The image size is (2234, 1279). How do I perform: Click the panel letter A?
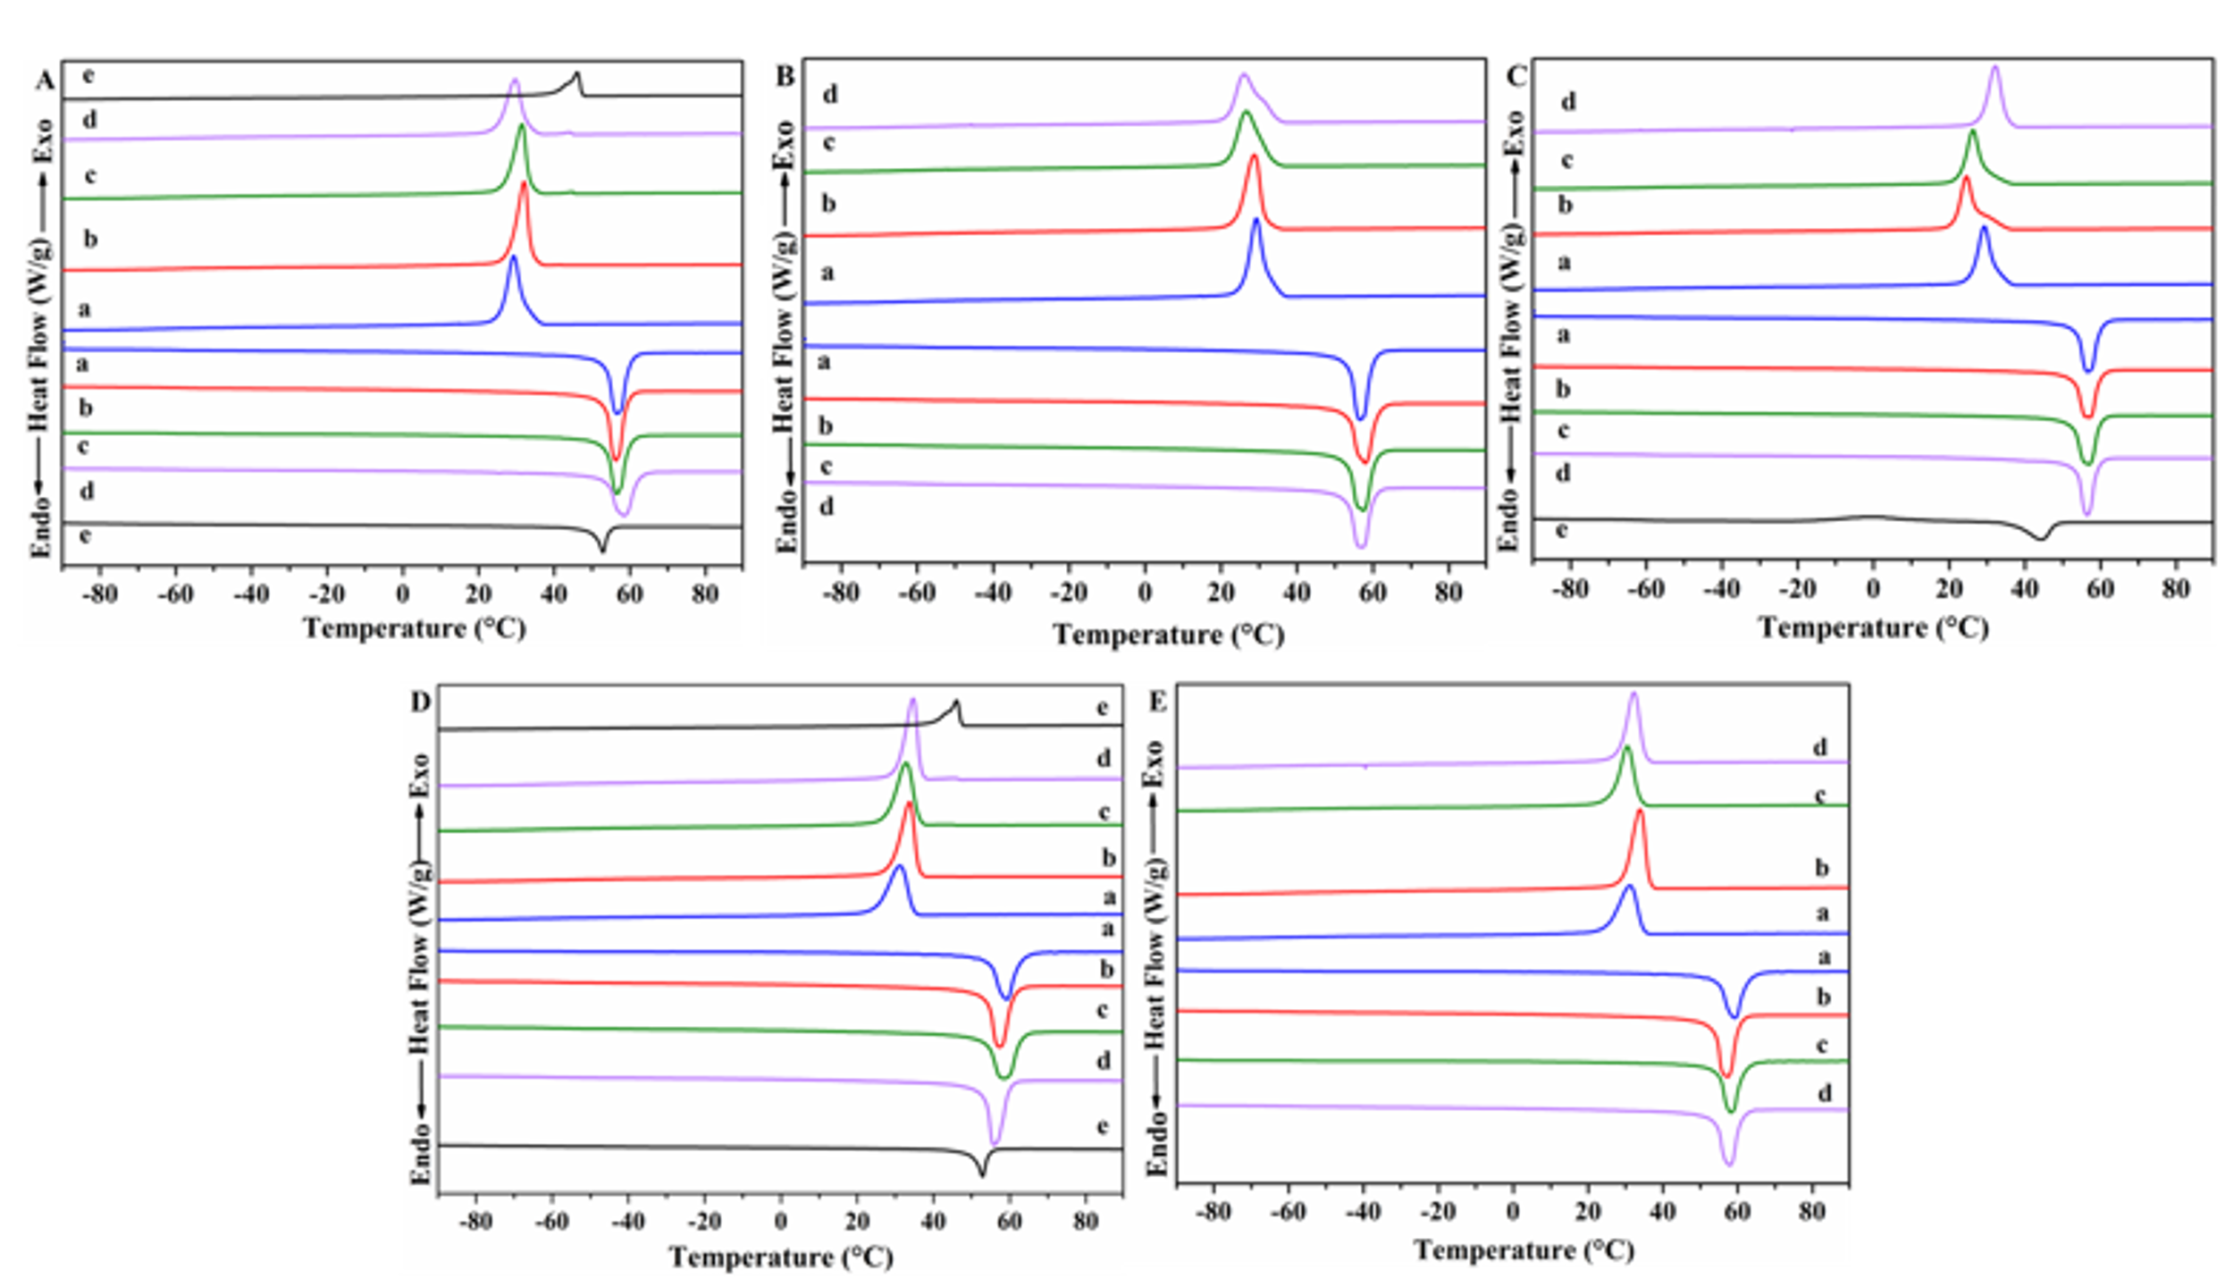[x=45, y=82]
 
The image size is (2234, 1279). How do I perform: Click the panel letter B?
[x=785, y=77]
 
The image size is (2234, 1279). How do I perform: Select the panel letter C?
[x=1517, y=77]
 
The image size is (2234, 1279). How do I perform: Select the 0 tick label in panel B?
[x=1145, y=593]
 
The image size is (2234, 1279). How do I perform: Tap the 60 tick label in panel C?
[x=2100, y=590]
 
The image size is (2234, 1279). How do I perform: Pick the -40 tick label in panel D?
[x=628, y=1221]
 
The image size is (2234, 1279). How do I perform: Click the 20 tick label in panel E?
[x=1587, y=1213]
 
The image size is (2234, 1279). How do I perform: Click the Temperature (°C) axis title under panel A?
[x=415, y=628]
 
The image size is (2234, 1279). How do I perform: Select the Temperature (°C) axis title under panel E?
[x=1524, y=1250]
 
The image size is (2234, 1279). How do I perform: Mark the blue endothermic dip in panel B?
[x=1361, y=416]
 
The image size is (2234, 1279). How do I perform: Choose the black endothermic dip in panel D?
[x=983, y=1174]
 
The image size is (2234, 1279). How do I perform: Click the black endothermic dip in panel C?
[x=2040, y=538]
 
